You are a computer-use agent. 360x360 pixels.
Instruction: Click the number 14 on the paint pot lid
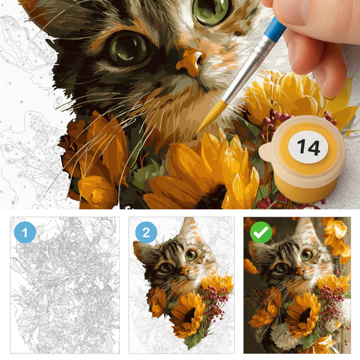308,147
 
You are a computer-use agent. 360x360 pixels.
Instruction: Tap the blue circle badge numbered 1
25,232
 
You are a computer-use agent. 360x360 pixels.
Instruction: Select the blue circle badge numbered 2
146,232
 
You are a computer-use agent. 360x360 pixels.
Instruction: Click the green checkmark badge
261,232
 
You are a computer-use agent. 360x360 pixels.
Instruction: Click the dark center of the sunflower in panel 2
189,315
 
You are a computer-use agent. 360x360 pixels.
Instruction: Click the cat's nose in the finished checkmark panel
300,272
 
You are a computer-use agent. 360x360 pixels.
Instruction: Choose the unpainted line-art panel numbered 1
65,285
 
